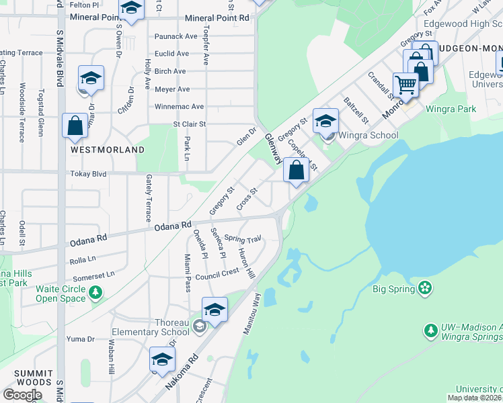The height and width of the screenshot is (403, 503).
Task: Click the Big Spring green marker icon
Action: click(424, 288)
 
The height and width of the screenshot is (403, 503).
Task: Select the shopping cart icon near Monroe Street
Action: click(405, 85)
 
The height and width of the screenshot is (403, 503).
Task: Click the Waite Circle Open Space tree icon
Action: click(95, 292)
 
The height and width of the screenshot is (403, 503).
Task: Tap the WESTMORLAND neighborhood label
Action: click(108, 150)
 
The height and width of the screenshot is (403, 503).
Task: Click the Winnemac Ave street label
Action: click(179, 106)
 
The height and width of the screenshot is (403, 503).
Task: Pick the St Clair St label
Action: click(190, 124)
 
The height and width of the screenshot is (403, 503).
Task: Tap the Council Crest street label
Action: click(217, 272)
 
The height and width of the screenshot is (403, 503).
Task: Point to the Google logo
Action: click(22, 394)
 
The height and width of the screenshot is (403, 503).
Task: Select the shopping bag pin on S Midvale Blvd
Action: click(74, 125)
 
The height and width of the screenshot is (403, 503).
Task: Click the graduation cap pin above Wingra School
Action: click(325, 121)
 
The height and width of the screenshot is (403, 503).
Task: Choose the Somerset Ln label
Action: click(93, 274)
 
